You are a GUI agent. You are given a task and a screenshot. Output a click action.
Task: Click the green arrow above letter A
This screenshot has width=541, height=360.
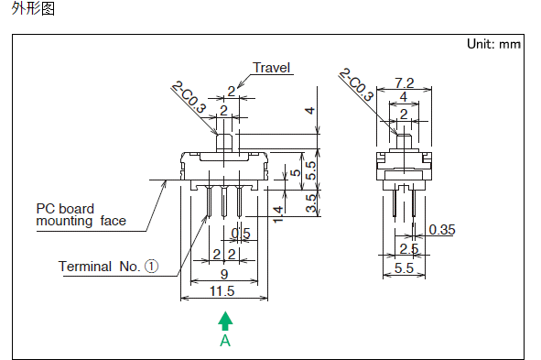pyautogui.click(x=225, y=321)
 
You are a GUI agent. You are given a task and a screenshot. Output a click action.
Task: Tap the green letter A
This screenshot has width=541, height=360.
pyautogui.click(x=225, y=341)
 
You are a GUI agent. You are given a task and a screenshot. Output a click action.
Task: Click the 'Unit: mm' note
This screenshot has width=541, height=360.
pyautogui.click(x=493, y=44)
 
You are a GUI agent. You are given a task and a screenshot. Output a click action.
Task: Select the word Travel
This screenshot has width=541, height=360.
pyautogui.click(x=272, y=68)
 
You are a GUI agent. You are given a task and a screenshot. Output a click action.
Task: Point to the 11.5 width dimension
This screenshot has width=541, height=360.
pyautogui.click(x=222, y=291)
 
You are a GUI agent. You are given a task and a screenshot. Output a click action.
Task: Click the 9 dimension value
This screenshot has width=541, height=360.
pyautogui.click(x=224, y=275)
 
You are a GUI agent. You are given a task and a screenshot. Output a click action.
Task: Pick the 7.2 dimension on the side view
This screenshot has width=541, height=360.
pyautogui.click(x=404, y=83)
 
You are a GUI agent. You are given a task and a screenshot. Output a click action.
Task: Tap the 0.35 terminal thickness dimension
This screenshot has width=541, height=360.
pyautogui.click(x=442, y=230)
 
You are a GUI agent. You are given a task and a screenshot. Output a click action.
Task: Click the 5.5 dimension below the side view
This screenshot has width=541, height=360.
pyautogui.click(x=404, y=268)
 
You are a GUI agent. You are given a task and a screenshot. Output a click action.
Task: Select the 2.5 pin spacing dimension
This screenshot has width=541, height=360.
pyautogui.click(x=409, y=249)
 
